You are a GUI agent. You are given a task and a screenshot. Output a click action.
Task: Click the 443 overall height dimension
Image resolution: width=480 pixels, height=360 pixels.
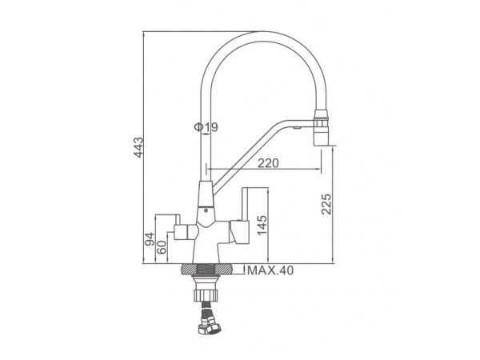tap(138, 147)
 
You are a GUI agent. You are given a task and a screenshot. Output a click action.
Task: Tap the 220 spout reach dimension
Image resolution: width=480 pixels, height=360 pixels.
tap(268, 163)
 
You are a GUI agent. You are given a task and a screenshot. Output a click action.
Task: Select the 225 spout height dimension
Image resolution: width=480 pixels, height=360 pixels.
tap(326, 204)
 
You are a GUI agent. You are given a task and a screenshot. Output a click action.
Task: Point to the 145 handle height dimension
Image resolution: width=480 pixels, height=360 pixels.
tap(262, 226)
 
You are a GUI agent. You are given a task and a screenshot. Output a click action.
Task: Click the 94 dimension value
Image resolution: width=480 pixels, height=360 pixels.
tap(150, 239)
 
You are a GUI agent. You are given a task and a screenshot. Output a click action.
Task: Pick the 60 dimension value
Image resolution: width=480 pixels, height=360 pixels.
tap(162, 247)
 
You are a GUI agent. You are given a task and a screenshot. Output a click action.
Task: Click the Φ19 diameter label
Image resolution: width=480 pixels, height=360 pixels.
tap(206, 126)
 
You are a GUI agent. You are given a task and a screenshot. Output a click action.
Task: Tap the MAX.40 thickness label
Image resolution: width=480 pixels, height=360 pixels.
tap(270, 270)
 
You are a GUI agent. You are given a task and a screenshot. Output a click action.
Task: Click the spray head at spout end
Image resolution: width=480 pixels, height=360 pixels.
tap(321, 128)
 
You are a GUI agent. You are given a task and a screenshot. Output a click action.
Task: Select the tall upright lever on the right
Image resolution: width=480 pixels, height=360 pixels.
tap(244, 204)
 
